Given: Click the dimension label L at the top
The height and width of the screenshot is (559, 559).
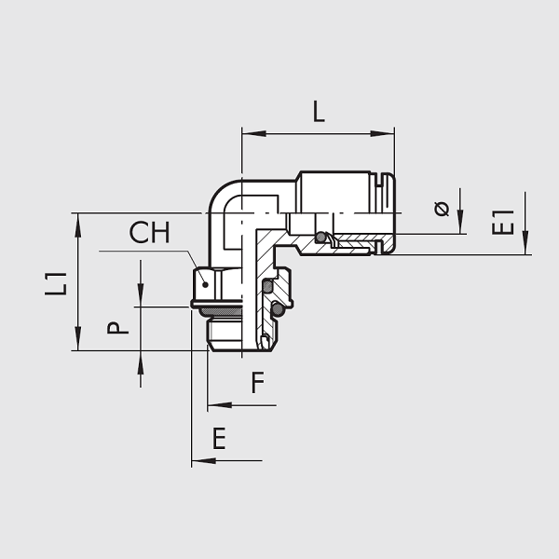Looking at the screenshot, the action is pyautogui.click(x=319, y=112).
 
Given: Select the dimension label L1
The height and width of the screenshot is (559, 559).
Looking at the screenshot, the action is pyautogui.click(x=56, y=284).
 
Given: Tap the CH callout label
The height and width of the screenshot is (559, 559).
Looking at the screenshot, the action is pyautogui.click(x=149, y=232).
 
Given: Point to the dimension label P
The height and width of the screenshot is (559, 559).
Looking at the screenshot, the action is pyautogui.click(x=117, y=328).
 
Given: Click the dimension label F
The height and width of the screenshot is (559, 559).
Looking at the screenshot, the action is pyautogui.click(x=258, y=382).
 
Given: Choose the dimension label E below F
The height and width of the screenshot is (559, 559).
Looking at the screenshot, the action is pyautogui.click(x=219, y=438).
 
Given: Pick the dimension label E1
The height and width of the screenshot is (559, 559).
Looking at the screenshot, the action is pyautogui.click(x=503, y=223).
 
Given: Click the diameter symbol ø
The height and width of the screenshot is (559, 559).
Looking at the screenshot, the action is pyautogui.click(x=442, y=209).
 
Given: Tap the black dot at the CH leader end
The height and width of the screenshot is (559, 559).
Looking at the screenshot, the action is pyautogui.click(x=205, y=284).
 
